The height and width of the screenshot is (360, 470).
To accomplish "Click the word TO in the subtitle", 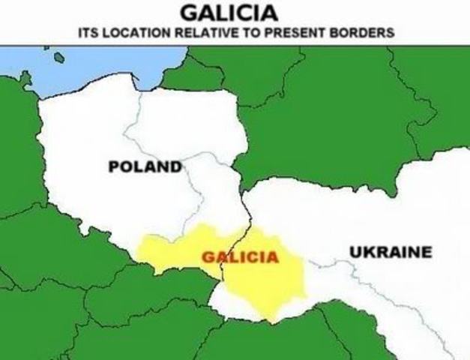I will point(235,34).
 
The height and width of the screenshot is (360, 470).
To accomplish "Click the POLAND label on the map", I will point(145,166).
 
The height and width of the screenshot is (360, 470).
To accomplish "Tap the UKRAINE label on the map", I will point(391,252).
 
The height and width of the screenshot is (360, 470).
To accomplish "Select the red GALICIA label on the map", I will point(240,258).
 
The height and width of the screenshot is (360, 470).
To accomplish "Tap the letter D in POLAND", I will point(177,166).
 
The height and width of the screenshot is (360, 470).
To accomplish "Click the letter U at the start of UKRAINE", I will point(355,252).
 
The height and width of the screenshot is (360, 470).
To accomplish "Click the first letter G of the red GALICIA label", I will point(208,258).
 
